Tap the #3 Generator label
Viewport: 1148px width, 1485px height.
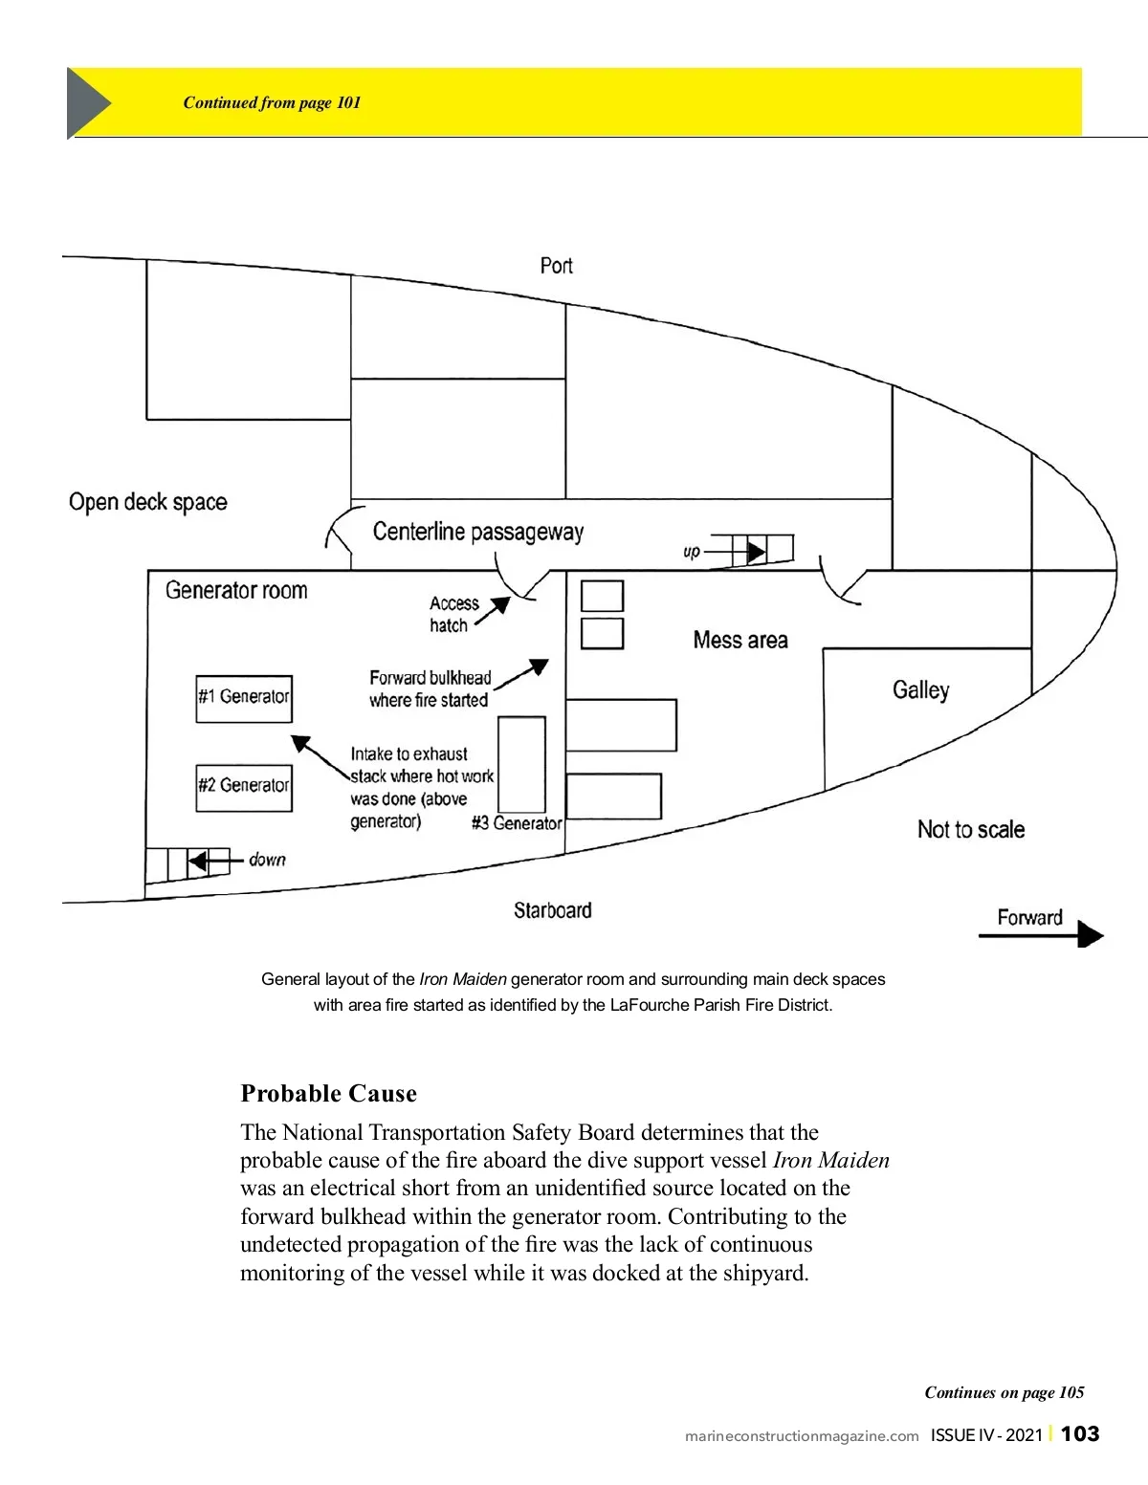click(x=517, y=822)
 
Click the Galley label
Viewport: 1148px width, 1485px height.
click(x=921, y=690)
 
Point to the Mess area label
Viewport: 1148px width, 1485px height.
click(x=740, y=640)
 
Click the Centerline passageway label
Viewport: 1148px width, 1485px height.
click(x=478, y=532)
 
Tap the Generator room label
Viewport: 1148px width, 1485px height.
click(x=236, y=590)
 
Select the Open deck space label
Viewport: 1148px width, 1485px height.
click(x=147, y=502)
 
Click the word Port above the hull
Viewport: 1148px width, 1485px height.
click(x=557, y=265)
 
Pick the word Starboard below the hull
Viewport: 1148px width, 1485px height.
click(x=552, y=910)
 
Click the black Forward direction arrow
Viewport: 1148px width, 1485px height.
click(x=1042, y=934)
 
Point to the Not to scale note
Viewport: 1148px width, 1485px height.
click(x=971, y=829)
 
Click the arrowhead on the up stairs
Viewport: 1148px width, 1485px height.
click(x=756, y=552)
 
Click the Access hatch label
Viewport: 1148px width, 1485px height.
click(x=454, y=614)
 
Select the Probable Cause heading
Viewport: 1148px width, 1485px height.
click(x=328, y=1093)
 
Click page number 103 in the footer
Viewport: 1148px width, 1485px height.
click(x=1080, y=1433)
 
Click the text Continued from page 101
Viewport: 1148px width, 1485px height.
click(x=272, y=102)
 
